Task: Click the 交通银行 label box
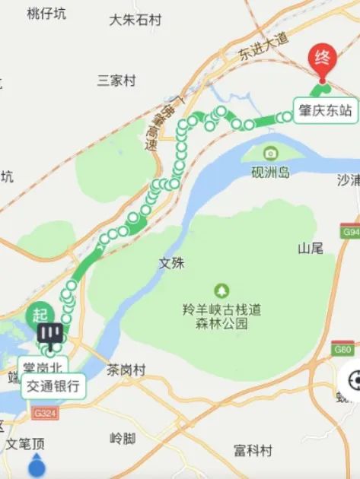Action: (53, 385)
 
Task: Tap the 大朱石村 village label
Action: (135, 20)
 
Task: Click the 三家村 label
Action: (116, 80)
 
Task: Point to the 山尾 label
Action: (311, 248)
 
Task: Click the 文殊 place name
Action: (171, 263)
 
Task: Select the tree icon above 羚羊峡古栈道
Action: (221, 290)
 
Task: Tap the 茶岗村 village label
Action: (126, 370)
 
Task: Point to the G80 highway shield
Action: (343, 350)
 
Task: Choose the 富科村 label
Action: (253, 451)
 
